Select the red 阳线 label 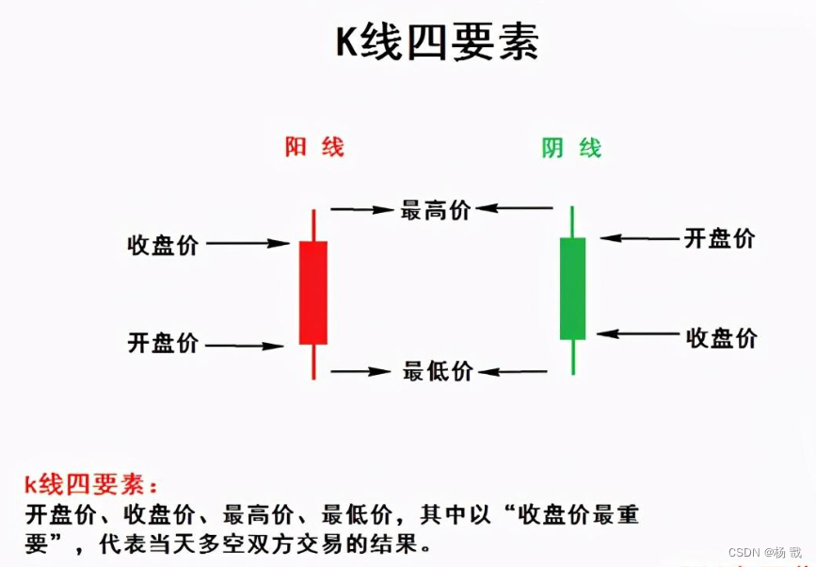[x=314, y=147]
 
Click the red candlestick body [x=313, y=292]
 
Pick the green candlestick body [x=572, y=287]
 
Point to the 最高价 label [x=436, y=209]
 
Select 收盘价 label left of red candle [x=164, y=245]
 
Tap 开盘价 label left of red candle [x=164, y=343]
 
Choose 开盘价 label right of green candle [x=720, y=238]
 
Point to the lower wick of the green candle [x=572, y=357]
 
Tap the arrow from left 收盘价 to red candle [x=248, y=244]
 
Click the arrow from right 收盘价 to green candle [x=638, y=333]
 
